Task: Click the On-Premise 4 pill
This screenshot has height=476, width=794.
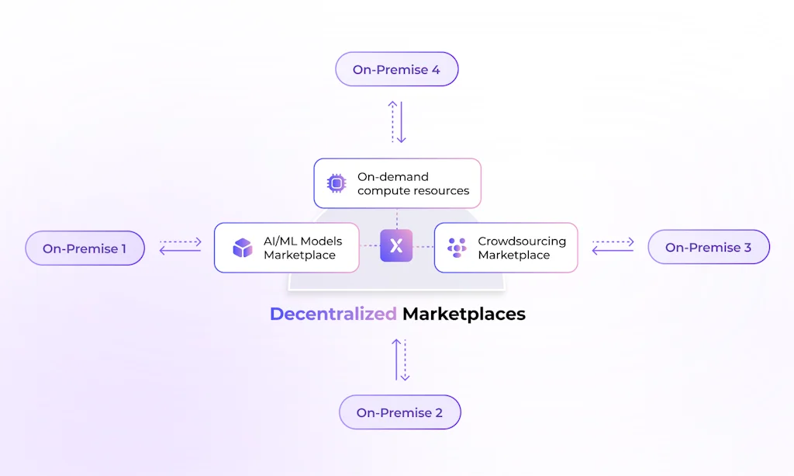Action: tap(396, 70)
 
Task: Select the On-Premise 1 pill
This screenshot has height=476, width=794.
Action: tap(85, 248)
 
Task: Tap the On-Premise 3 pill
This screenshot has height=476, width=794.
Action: tap(708, 248)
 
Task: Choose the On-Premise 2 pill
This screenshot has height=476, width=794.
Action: tap(399, 412)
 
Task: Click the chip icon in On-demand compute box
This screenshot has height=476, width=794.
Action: tap(336, 183)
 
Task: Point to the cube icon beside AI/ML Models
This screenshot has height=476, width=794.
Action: tap(243, 248)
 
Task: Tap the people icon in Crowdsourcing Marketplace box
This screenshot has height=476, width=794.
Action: tap(457, 248)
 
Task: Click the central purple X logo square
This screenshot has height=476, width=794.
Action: tap(396, 246)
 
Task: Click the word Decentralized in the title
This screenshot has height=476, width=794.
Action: tap(333, 314)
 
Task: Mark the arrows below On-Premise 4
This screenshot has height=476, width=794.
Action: tap(397, 122)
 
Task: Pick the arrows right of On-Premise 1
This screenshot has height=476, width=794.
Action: tap(180, 247)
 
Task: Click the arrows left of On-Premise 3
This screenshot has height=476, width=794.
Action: tap(613, 247)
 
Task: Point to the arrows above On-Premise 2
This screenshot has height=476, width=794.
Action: tap(400, 360)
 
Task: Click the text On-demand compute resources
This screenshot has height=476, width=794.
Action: tap(413, 183)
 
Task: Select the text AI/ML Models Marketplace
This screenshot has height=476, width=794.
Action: tap(302, 248)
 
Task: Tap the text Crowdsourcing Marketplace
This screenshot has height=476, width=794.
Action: tap(521, 248)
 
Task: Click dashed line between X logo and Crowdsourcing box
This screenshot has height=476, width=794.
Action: tap(423, 246)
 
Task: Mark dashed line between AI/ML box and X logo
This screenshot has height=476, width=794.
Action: tap(369, 246)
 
